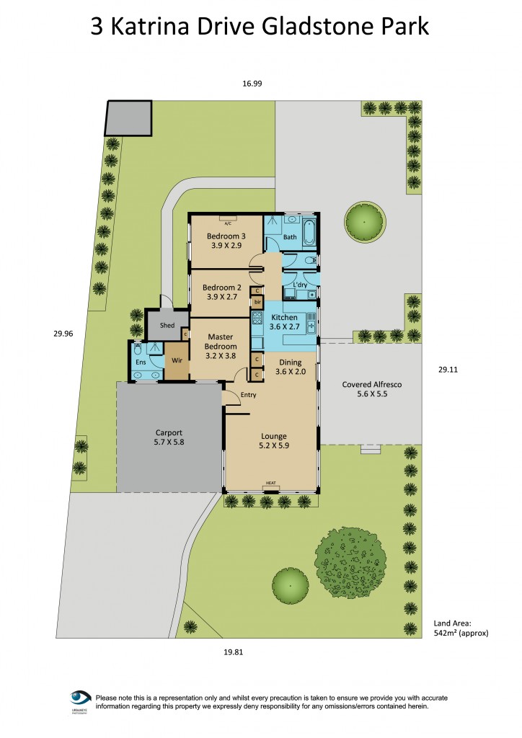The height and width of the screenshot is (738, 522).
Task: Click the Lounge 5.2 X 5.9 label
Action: (274, 441)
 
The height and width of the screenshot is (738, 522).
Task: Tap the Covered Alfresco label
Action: (371, 390)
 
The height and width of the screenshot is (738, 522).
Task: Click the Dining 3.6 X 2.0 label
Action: (291, 368)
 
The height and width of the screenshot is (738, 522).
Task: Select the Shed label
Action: (167, 326)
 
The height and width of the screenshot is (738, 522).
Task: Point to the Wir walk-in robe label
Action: (176, 359)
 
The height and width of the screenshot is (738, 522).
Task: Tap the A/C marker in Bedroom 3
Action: (227, 223)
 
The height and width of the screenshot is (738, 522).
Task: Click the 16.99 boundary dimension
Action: (252, 84)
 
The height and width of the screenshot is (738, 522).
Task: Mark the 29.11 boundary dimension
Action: (448, 369)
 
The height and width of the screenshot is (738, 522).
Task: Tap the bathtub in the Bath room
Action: (310, 233)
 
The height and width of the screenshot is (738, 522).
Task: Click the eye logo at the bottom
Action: (80, 698)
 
